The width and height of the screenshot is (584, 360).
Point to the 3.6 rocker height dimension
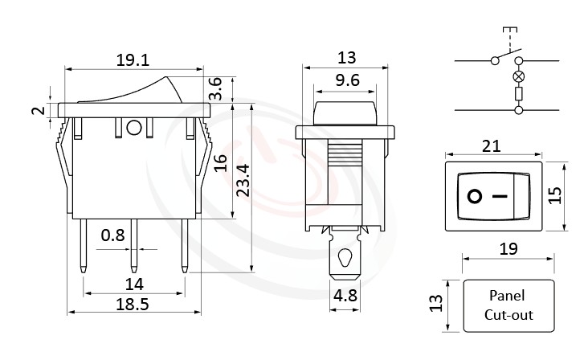215,89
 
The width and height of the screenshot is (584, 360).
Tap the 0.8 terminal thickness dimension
113,235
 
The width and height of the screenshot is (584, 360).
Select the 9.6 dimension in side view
345,80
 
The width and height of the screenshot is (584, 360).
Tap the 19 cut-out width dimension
508,249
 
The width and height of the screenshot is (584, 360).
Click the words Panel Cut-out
508,305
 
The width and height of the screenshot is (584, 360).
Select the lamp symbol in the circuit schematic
519,78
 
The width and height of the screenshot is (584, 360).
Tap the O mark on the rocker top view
475,195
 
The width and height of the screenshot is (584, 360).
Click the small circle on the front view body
134,127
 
